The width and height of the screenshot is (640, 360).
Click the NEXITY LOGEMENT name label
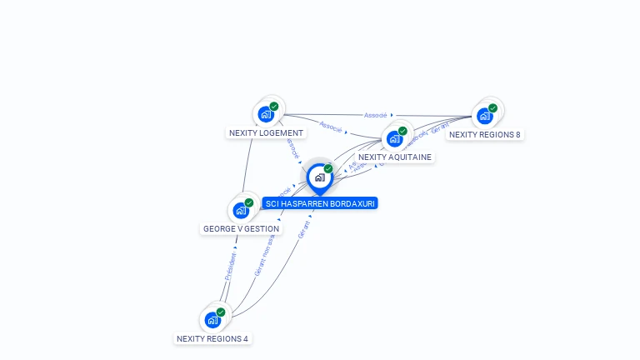266,132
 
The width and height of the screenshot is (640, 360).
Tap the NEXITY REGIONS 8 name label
484,134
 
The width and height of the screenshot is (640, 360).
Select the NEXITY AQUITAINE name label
395,157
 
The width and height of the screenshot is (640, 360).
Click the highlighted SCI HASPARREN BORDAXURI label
320,203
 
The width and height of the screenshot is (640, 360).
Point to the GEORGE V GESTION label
242,228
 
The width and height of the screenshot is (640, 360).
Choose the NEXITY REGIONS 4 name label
212,338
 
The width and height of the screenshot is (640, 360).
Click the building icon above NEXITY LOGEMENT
266,114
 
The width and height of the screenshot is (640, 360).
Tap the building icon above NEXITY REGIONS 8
484,116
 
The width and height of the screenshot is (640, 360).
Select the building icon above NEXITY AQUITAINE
394,138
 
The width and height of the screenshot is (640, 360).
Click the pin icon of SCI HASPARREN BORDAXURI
319,177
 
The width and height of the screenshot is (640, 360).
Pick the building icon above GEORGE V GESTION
241,210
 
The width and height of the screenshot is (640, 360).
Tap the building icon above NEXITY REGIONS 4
212,320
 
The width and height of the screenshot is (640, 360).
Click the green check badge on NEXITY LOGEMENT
274,106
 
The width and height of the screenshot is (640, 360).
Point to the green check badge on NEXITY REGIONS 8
492,107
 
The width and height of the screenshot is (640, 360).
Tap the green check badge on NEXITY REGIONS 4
221,312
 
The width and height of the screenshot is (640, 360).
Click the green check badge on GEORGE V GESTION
249,202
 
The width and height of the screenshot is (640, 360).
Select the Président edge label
231,266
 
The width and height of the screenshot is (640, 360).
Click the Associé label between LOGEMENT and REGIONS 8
376,115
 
